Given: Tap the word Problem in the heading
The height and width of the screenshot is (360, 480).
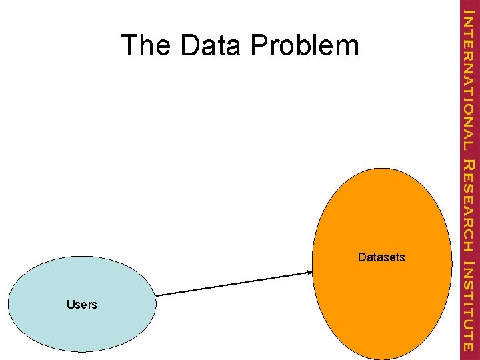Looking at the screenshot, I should (305, 45).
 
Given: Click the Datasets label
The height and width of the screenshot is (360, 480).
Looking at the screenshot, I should (381, 257).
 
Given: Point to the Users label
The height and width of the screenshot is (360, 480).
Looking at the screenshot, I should (82, 305).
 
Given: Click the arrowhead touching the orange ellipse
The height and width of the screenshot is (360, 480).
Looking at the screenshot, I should (309, 272).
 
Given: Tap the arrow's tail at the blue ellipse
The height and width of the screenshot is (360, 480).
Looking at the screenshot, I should (157, 295).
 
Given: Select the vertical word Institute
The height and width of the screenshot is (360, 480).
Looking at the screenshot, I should (469, 305).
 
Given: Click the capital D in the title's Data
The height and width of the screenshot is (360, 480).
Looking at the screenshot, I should (189, 45).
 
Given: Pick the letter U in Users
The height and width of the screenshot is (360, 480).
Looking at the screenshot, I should (70, 305).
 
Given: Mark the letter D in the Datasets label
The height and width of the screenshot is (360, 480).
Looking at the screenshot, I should (361, 257).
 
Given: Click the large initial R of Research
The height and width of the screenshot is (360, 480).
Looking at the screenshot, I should (469, 166).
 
